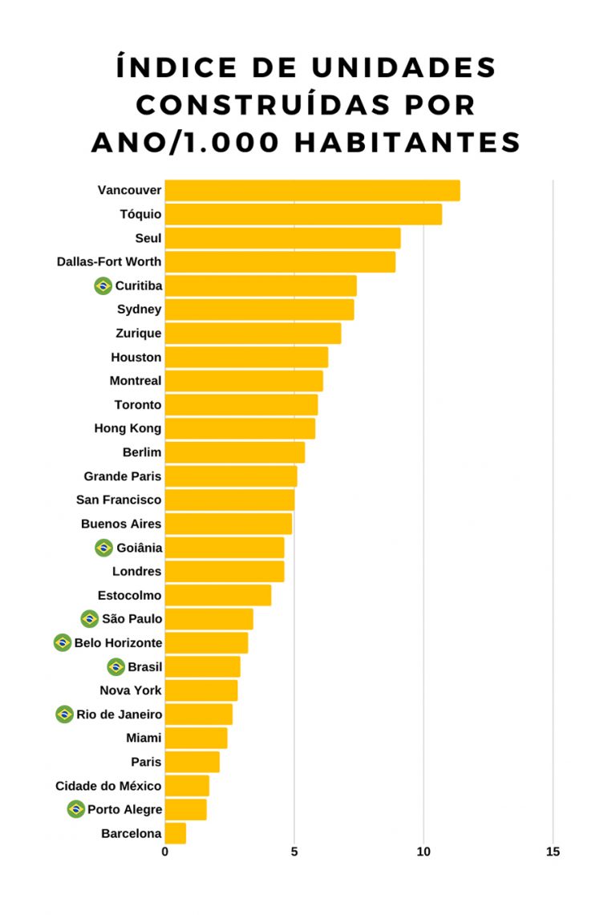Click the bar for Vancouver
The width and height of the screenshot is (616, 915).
[312, 191]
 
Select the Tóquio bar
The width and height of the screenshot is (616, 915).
[303, 214]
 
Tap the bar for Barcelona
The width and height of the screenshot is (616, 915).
[175, 833]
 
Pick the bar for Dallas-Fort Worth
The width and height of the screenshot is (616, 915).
[280, 261]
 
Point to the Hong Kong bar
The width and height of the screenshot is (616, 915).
[240, 428]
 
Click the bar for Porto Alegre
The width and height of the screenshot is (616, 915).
[185, 809]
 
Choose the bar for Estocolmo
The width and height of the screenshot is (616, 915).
[217, 595]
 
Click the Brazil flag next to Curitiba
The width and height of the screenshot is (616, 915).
[103, 285]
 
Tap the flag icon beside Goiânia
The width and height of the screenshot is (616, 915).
[103, 548]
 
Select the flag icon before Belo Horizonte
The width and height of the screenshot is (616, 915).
[63, 642]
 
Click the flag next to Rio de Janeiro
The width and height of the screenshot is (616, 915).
[65, 714]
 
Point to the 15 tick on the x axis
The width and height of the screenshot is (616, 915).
[553, 852]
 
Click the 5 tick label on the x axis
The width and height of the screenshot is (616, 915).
[294, 852]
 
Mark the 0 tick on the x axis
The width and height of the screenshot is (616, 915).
[165, 852]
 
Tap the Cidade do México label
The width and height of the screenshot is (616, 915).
[108, 786]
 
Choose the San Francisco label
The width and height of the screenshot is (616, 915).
[119, 500]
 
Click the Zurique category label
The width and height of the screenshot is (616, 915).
[138, 333]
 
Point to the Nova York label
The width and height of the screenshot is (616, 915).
[131, 690]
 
